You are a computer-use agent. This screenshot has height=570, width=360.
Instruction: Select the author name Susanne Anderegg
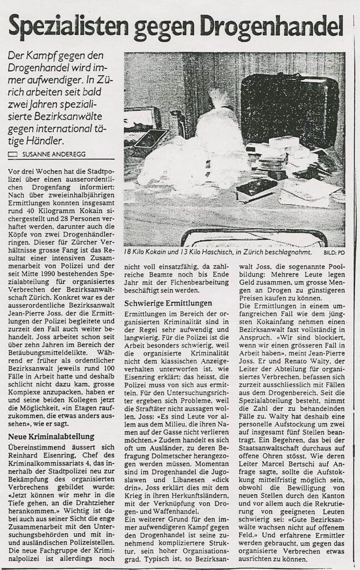[x=52, y=153]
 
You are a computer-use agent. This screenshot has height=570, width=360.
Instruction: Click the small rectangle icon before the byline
[x=13, y=153]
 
